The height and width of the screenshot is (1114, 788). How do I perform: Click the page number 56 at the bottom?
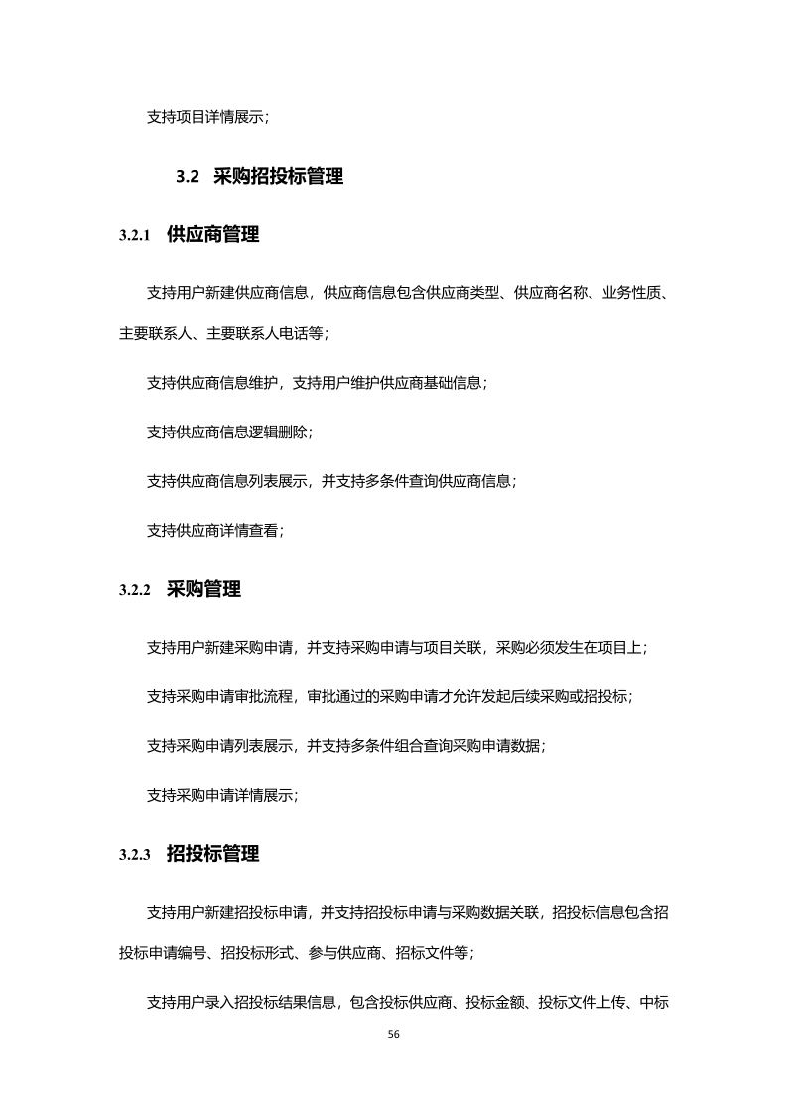[394, 1034]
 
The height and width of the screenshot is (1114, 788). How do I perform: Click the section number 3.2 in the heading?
[189, 177]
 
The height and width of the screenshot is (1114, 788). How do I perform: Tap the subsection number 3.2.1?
[134, 236]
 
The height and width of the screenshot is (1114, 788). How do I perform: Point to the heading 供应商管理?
[212, 235]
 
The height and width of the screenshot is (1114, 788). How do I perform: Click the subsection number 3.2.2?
[134, 590]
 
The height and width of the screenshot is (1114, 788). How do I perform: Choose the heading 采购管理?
[203, 589]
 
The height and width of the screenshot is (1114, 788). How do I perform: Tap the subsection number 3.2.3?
[134, 855]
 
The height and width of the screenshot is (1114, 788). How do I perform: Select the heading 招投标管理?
[212, 854]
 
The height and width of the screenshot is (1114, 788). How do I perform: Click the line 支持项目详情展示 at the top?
[206, 117]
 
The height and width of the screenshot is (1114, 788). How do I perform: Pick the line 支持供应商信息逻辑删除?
[229, 433]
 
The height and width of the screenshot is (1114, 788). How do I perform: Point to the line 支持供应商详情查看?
[214, 530]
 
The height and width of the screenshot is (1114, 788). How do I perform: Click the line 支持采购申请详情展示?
[221, 794]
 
